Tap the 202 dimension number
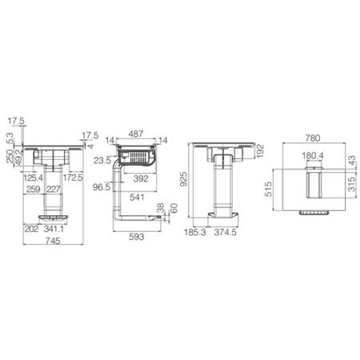pyautogui.click(x=32, y=228)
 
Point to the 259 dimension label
pyautogui.click(x=34, y=189)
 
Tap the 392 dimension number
pyautogui.click(x=141, y=178)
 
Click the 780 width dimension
pyautogui.click(x=312, y=136)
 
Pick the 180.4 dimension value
pyautogui.click(x=312, y=156)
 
